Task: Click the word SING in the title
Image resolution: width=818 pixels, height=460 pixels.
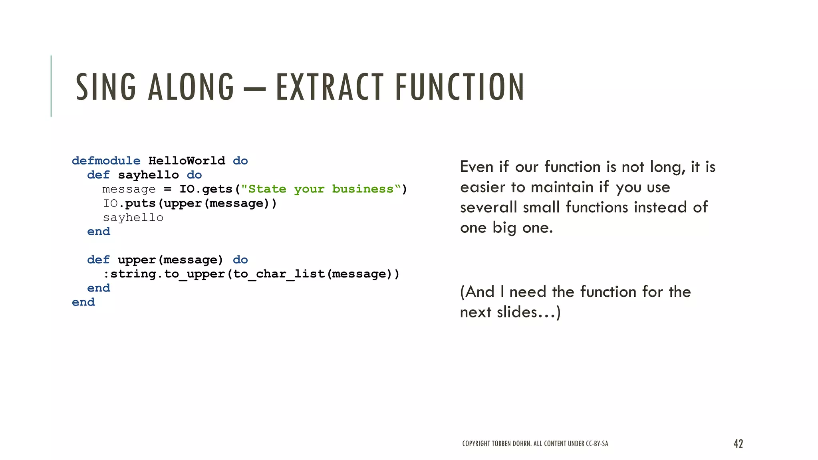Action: (106, 87)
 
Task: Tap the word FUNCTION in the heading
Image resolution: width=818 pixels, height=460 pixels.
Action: (459, 87)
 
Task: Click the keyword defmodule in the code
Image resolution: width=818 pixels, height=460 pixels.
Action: (106, 161)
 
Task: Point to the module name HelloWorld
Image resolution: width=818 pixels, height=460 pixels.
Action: (187, 161)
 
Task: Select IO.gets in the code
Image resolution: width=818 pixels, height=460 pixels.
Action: (206, 189)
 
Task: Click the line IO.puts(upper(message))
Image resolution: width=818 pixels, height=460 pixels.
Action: (190, 204)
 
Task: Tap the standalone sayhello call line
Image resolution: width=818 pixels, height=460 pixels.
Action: (133, 218)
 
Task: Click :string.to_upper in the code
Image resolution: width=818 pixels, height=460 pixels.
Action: (164, 274)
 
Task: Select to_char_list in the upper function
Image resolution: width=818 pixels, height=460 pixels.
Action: (279, 274)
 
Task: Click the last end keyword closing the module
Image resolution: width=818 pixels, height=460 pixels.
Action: (83, 302)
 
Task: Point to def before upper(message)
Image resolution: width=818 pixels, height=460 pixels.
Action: (98, 260)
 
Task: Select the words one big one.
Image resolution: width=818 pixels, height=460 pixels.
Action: (506, 228)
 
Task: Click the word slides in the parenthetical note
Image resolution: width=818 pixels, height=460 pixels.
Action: (517, 312)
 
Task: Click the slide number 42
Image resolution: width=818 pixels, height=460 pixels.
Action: (738, 444)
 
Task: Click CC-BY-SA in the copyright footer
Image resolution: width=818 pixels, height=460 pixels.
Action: (597, 444)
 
